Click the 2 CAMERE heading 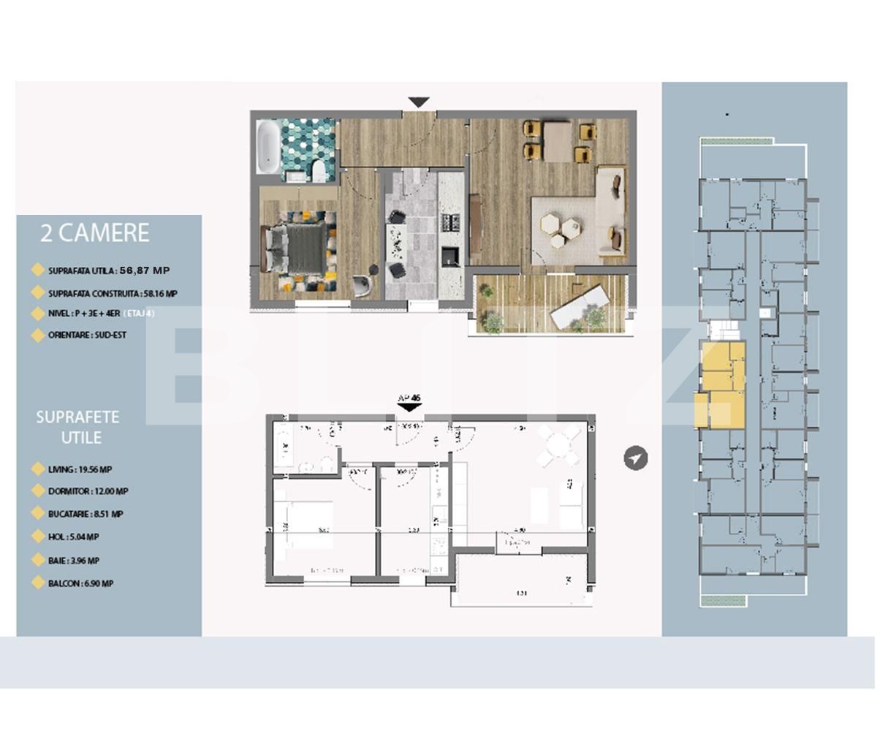click(x=94, y=233)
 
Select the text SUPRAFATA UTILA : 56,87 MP click(x=108, y=270)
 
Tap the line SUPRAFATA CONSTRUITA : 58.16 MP click(x=113, y=294)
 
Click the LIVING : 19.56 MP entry click(x=80, y=470)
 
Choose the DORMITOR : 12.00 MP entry click(x=88, y=492)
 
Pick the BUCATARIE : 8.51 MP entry click(x=86, y=514)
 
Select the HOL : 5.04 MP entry click(x=73, y=537)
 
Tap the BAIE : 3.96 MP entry click(x=73, y=561)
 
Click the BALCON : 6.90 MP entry click(x=80, y=583)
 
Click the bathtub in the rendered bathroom click(x=267, y=147)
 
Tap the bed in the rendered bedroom click(x=297, y=248)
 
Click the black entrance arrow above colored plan click(x=419, y=102)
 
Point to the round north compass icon click(x=636, y=458)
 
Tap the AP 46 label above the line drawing click(x=409, y=398)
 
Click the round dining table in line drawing click(x=559, y=445)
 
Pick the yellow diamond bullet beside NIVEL click(x=38, y=314)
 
